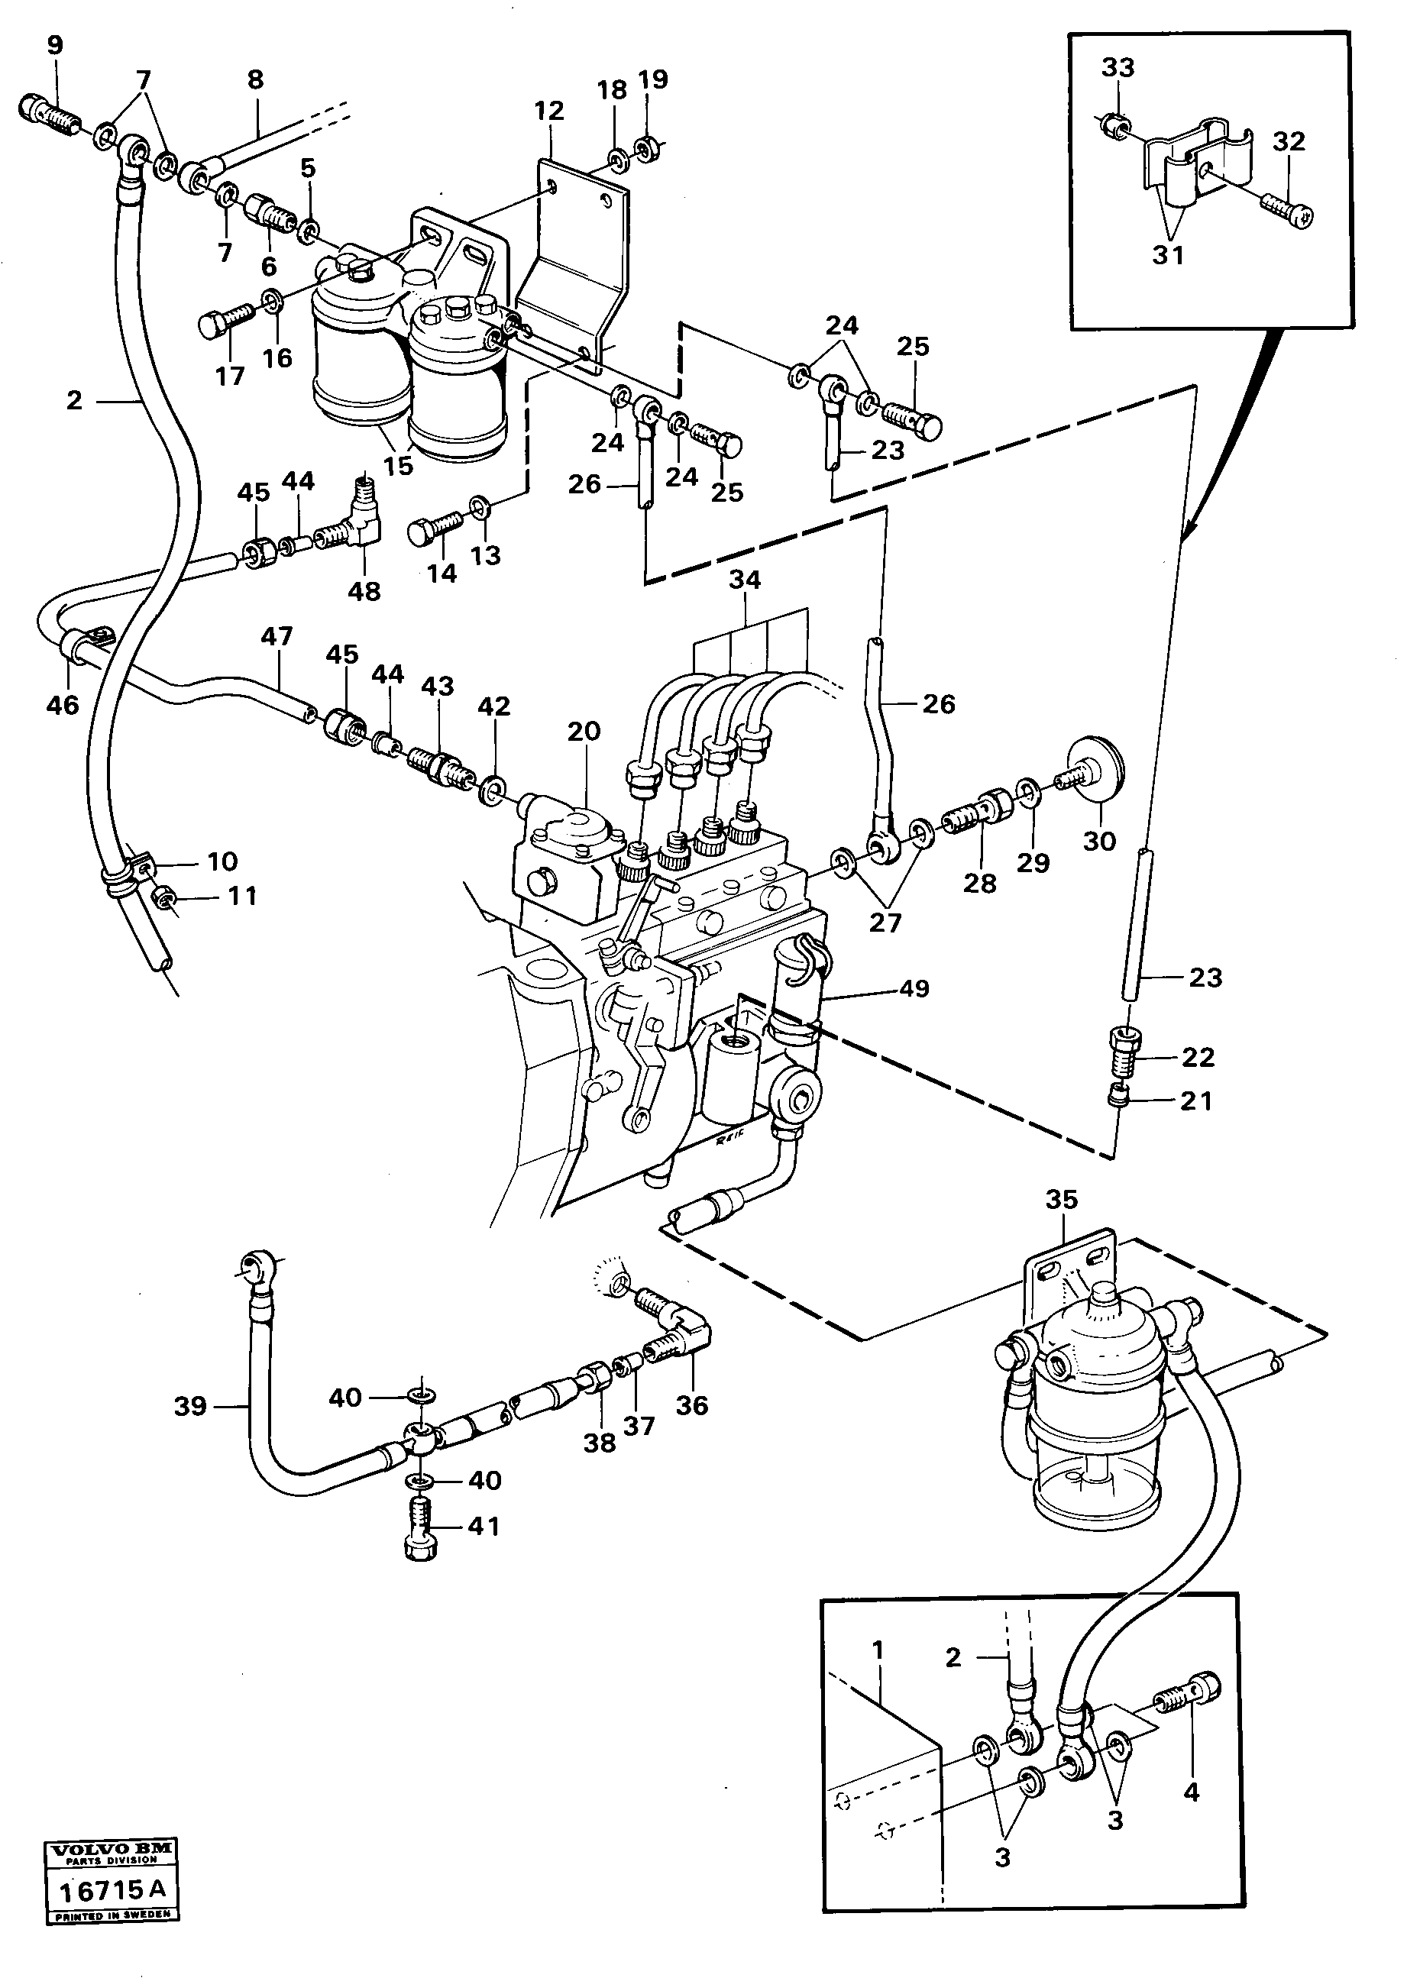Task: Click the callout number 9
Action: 55,44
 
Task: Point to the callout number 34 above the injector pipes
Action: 745,579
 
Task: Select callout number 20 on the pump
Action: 584,731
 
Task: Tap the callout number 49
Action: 914,988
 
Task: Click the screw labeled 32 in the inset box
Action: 1287,208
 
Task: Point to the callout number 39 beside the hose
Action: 190,1405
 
